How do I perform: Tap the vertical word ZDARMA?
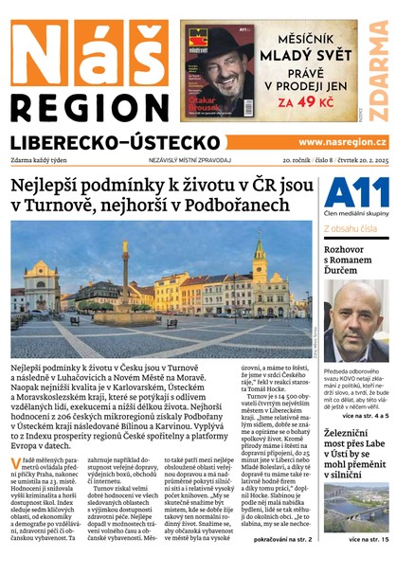(x=378, y=71)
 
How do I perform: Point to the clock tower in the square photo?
(x=259, y=261)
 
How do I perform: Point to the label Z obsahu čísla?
(x=352, y=228)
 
